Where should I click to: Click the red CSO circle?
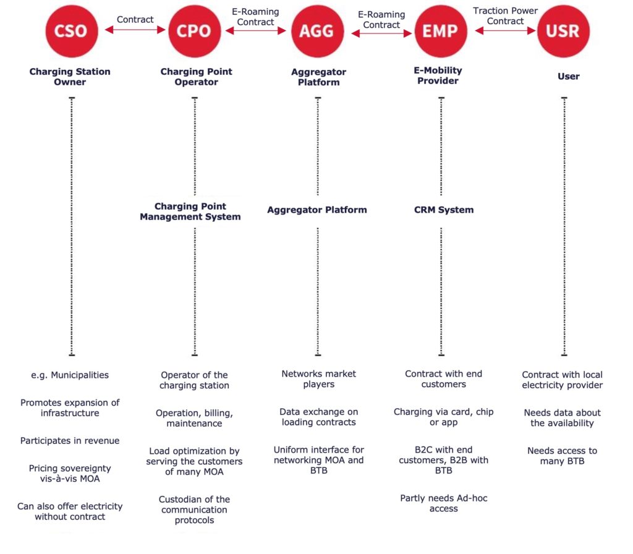[x=72, y=31]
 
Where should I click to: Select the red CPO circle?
[x=195, y=31]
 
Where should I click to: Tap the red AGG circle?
[x=318, y=31]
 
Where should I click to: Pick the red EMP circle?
[x=441, y=31]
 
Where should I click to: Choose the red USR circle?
[x=564, y=31]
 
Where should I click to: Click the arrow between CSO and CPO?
[x=135, y=30]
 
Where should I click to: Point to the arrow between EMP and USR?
[x=506, y=31]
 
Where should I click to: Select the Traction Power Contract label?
[x=506, y=16]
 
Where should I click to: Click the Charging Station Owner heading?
[x=70, y=77]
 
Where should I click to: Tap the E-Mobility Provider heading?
[x=438, y=75]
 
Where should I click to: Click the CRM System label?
[x=444, y=210]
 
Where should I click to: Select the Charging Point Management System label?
[x=190, y=211]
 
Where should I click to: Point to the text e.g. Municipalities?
[x=70, y=375]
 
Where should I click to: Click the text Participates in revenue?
[x=70, y=440]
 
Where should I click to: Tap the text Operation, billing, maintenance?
[x=194, y=419]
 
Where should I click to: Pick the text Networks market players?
[x=318, y=379]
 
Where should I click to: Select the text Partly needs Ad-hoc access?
[x=444, y=503]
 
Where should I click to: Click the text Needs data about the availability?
[x=562, y=418]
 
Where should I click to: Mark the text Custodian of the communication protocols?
[x=194, y=509]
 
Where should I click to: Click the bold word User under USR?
[x=569, y=76]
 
